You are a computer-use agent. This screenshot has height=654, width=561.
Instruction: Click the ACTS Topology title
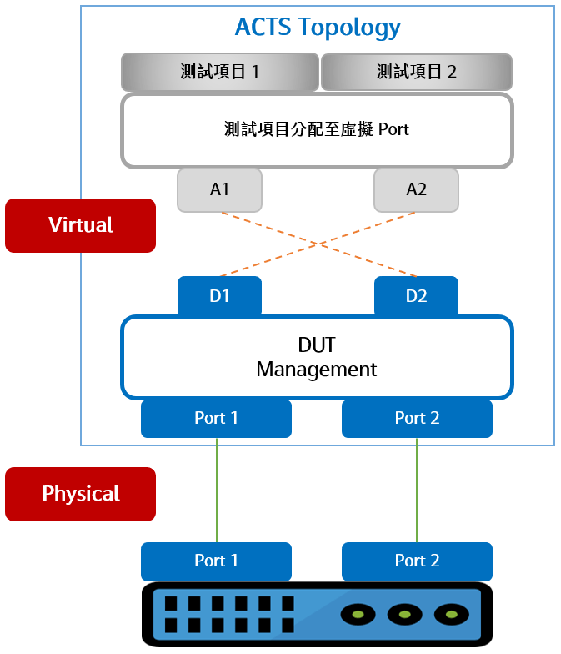[318, 27]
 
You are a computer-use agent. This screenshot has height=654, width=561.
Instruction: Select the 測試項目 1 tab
[220, 72]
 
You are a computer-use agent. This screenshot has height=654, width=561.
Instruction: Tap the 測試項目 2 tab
[416, 72]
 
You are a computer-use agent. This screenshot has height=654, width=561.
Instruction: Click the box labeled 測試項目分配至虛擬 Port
[317, 129]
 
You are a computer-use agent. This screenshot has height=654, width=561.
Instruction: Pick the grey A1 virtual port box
[219, 189]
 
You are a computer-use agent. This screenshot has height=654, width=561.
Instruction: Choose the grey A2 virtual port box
[416, 189]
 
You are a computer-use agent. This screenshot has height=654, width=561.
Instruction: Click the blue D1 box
[219, 296]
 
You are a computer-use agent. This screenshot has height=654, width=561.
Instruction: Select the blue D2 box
[416, 296]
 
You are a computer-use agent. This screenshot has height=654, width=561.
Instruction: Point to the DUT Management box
[317, 357]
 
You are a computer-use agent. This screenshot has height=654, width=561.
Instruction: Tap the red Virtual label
[80, 225]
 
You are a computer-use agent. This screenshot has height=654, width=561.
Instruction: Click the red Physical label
[80, 494]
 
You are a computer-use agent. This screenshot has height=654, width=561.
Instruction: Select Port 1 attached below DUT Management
[216, 418]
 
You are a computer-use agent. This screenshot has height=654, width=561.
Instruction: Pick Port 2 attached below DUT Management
[417, 418]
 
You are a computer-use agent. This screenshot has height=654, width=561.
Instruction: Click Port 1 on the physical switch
[216, 561]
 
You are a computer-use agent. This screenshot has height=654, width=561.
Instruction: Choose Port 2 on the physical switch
[417, 561]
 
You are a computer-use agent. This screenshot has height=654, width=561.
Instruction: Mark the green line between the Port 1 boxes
[217, 490]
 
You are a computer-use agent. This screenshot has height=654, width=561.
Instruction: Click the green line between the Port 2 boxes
[417, 490]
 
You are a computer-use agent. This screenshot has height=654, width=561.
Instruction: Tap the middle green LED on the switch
[405, 615]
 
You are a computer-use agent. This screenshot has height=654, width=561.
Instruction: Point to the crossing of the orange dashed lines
[318, 244]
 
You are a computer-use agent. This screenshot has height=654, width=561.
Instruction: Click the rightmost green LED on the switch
[452, 615]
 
